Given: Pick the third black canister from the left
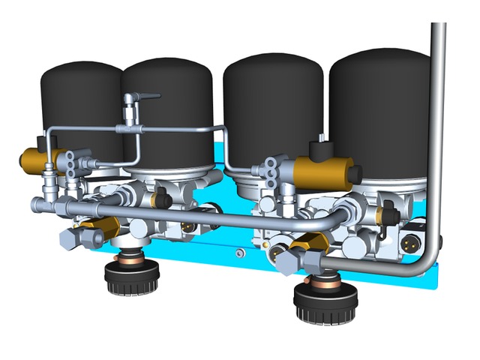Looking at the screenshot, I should click(x=274, y=105).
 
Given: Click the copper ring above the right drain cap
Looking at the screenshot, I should click(x=324, y=281).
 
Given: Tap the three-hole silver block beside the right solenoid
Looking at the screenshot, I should click(x=271, y=166).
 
